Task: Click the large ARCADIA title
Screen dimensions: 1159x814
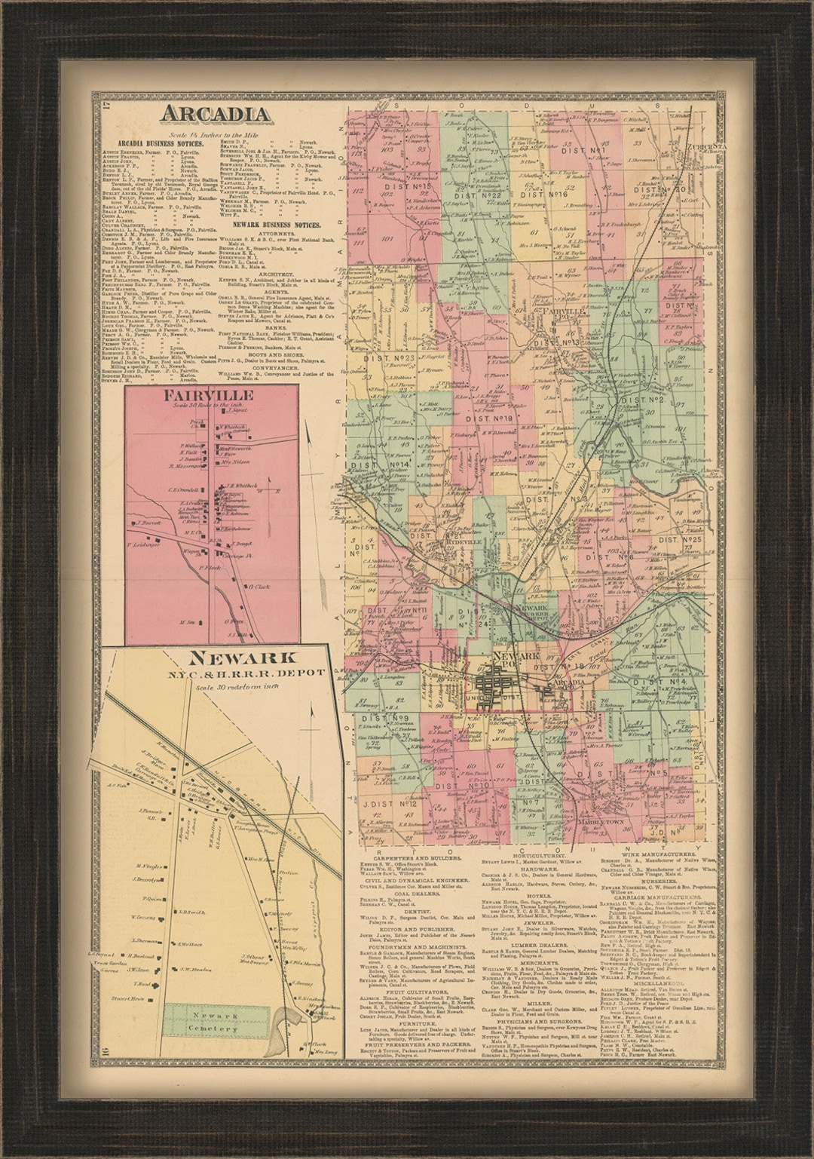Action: click(215, 115)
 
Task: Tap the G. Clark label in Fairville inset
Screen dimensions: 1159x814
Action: click(258, 586)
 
